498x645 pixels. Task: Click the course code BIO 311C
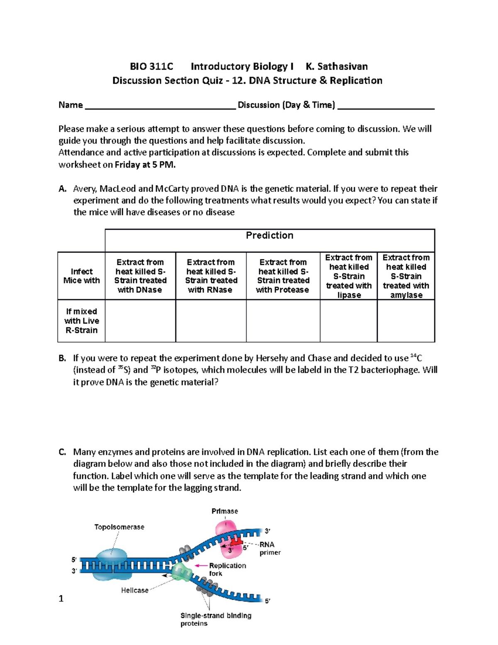151,66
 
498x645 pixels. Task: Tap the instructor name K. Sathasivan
337,66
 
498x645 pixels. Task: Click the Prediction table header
269,235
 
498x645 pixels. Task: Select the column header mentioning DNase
140,276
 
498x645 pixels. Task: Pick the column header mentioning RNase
211,276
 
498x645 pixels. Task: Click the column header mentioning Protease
283,276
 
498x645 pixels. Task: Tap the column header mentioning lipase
349,276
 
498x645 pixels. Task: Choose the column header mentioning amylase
406,276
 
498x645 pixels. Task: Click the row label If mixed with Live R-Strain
81,321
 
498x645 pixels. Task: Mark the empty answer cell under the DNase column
140,321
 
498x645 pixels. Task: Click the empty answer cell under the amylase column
406,321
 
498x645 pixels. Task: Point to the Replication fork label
227,569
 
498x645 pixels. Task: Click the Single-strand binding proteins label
215,619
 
